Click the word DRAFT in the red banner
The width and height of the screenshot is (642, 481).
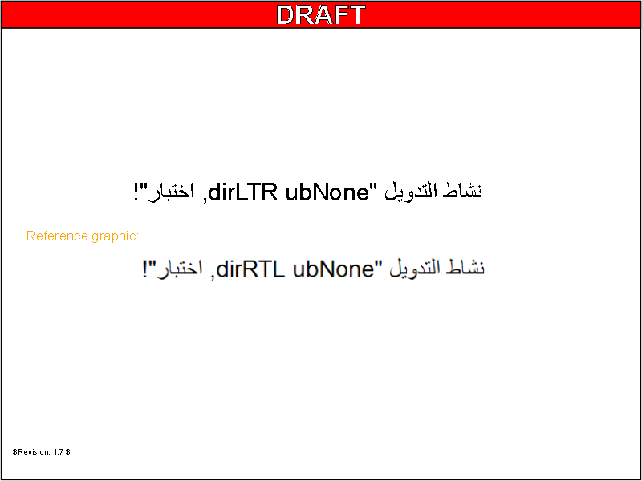tap(320, 14)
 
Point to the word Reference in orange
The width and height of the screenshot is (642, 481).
tap(57, 236)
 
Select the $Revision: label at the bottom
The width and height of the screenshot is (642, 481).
tap(31, 452)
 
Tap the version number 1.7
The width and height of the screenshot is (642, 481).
tap(58, 452)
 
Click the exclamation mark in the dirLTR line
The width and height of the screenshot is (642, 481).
tap(136, 193)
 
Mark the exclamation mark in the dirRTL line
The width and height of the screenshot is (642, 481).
tap(146, 269)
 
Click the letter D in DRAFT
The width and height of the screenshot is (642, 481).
tap(286, 14)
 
